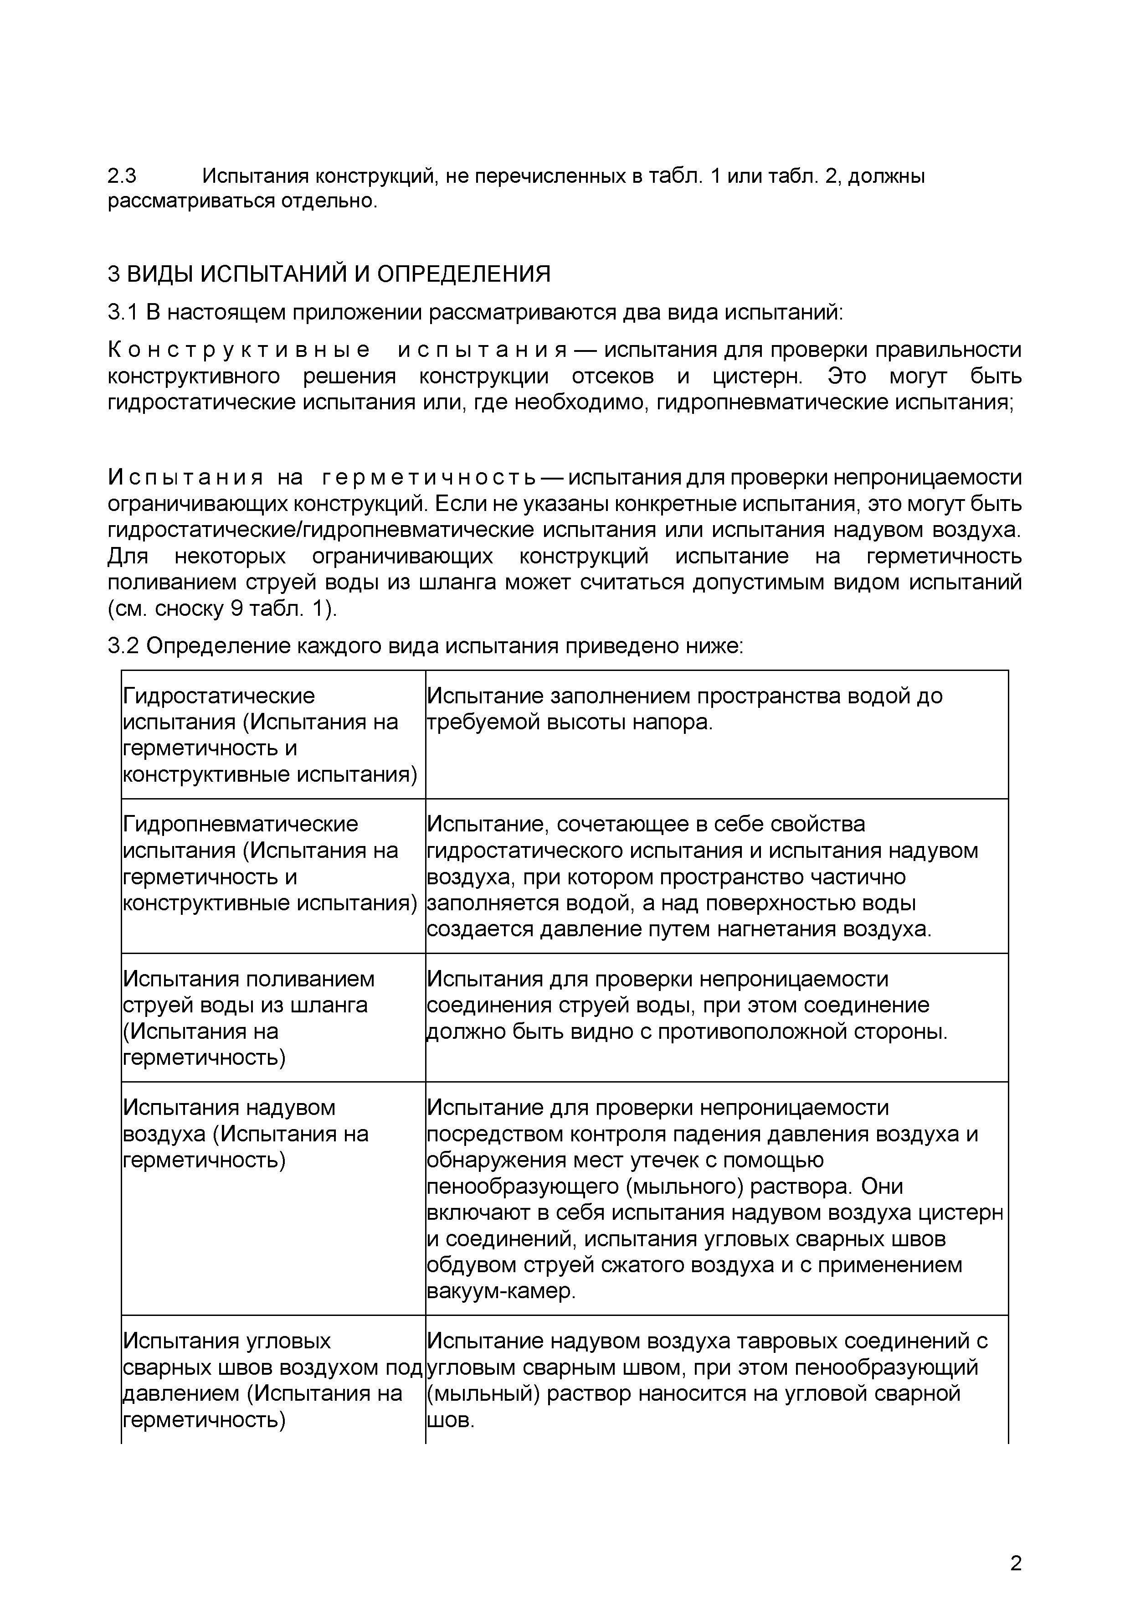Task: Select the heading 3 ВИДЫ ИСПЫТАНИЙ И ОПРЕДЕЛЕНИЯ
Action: coord(329,273)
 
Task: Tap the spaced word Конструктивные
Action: coord(239,351)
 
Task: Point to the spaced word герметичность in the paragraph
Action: coord(428,478)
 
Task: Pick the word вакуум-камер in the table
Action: coord(501,1291)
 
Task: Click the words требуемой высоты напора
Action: coord(570,722)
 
